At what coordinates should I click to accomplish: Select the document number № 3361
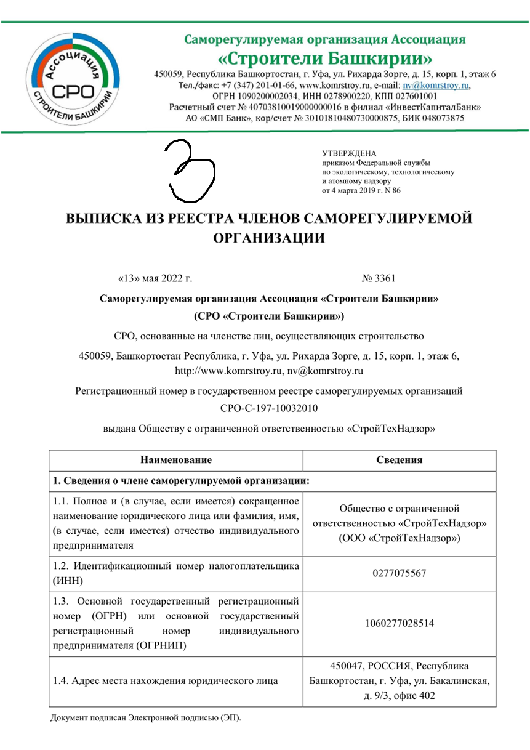[379, 278]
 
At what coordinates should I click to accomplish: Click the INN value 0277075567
[400, 574]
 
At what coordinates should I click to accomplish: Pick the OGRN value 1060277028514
[400, 623]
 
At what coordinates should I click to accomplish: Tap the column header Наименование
[176, 461]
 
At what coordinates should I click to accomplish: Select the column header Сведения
[400, 461]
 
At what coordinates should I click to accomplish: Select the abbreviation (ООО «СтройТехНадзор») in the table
[400, 537]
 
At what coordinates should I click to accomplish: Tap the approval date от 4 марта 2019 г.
[361, 191]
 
